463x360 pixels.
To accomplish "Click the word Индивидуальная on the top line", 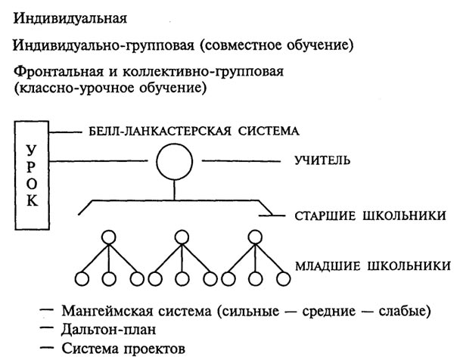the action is click(70, 19).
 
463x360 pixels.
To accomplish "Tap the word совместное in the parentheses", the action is click(237, 45).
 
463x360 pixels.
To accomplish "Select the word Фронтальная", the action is click(58, 72).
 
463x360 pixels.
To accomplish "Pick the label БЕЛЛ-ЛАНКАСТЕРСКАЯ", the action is click(160, 131).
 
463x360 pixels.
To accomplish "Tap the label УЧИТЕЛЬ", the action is click(322, 160).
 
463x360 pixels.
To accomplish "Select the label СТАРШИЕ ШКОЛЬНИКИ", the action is click(370, 216).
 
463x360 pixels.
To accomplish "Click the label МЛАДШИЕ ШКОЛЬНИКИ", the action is click(373, 266).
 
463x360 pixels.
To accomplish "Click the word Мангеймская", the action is click(107, 312).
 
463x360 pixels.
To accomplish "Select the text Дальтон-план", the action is click(108, 330).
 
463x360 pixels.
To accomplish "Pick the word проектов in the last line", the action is click(154, 349).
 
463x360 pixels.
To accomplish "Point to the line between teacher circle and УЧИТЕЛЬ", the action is click(241, 161).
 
